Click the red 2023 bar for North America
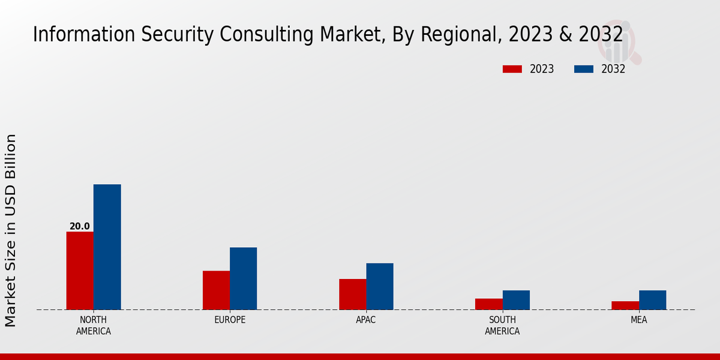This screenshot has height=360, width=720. point(80,271)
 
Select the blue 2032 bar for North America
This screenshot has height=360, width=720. point(107,247)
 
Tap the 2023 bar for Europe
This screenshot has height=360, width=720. point(216,290)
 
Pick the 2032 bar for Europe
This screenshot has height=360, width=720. point(243,278)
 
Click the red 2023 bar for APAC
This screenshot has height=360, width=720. point(352,294)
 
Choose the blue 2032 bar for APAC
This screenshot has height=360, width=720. point(380,286)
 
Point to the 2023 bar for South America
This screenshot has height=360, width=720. point(488,304)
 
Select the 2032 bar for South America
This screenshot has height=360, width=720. point(516,300)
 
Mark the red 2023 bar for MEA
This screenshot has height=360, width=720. point(625,305)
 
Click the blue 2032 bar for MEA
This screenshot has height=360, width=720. point(652,300)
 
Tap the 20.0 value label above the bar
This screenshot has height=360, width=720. point(79,226)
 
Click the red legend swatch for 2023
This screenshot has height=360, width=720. point(512,69)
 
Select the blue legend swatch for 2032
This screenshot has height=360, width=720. point(583,69)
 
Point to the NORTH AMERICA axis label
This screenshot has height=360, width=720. point(93,325)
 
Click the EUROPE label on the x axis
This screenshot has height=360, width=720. point(230,320)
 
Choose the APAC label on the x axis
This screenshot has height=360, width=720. point(366,320)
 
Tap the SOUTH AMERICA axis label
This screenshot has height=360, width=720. point(502,325)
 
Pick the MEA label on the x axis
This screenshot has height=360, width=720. point(638,320)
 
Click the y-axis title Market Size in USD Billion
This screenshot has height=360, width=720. point(11,230)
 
